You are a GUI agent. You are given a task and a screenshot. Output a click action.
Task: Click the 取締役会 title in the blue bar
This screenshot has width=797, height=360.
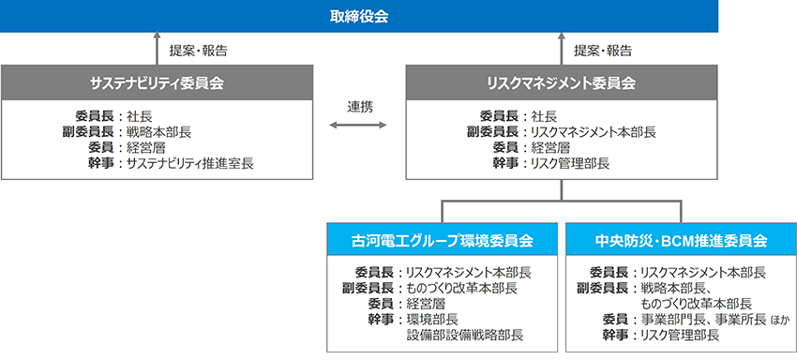coord(359,17)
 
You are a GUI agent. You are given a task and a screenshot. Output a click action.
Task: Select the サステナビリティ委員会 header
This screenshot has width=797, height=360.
coord(157,82)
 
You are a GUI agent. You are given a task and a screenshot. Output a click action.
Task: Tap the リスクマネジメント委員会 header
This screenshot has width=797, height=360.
coord(561,82)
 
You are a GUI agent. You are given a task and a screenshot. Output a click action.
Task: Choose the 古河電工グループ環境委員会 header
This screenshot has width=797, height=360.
coord(442,240)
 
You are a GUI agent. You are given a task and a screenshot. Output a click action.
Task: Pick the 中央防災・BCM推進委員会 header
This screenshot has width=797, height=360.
coord(681,240)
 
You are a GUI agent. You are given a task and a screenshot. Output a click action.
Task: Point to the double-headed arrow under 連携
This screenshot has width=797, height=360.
coord(358,125)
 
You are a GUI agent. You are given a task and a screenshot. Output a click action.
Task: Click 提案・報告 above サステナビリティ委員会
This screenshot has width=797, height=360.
coord(198,51)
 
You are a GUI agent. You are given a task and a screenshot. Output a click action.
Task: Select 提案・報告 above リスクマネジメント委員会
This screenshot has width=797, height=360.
coord(603,51)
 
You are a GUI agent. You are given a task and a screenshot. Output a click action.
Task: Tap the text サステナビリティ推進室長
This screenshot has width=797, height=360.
coord(190,164)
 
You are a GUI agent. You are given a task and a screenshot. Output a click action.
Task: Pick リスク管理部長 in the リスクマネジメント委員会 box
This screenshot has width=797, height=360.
coord(570,164)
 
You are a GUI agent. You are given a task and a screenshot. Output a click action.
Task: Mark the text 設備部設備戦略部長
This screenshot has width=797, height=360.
coord(464,336)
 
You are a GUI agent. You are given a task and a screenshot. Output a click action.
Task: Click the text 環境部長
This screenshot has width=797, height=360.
coord(432,320)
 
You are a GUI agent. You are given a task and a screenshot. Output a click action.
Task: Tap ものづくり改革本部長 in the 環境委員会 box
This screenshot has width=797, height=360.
coord(462,288)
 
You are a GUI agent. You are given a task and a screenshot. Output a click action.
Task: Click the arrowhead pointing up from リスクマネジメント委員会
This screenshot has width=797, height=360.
coord(561,37)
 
